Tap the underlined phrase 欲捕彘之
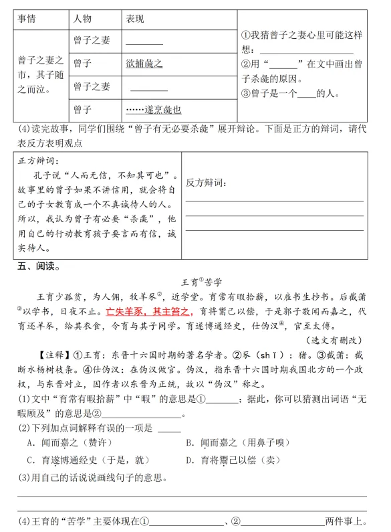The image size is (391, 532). tap(144, 64)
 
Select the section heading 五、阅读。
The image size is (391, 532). tap(37, 267)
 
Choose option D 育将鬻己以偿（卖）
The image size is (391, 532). tap(227, 460)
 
